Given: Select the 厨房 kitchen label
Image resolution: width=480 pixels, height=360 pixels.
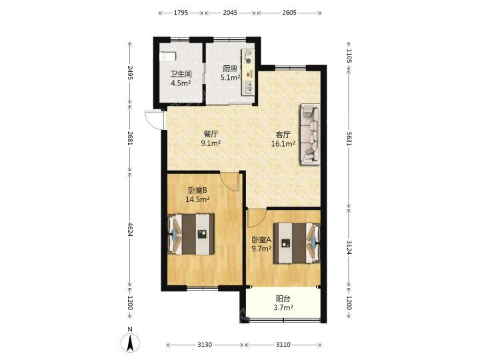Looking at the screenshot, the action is pyautogui.click(x=229, y=69).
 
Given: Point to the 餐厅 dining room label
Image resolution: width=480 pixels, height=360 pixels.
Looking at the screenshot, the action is pyautogui.click(x=211, y=134).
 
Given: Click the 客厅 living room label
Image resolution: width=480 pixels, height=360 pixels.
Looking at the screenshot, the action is pyautogui.click(x=283, y=135).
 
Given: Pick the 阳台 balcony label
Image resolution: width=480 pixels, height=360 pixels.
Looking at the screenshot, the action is pyautogui.click(x=283, y=299).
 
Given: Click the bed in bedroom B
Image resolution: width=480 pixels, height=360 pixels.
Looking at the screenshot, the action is pyautogui.click(x=191, y=234).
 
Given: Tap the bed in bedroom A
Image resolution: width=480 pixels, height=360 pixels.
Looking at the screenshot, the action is pyautogui.click(x=297, y=243).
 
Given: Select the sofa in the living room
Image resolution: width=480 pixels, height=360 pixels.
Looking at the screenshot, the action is pyautogui.click(x=310, y=134).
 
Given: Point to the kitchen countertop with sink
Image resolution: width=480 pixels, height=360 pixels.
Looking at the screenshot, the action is pyautogui.click(x=247, y=72).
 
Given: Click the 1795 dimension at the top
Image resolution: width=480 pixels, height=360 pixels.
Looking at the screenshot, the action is pyautogui.click(x=181, y=13).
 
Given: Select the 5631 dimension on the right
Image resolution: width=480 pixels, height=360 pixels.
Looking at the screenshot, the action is pyautogui.click(x=349, y=139).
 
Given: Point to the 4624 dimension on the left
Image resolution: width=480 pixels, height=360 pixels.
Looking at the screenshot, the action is pyautogui.click(x=130, y=229).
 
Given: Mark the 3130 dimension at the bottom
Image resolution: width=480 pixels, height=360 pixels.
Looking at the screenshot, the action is pyautogui.click(x=205, y=345).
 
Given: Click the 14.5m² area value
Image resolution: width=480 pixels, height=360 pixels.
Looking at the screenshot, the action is pyautogui.click(x=197, y=199).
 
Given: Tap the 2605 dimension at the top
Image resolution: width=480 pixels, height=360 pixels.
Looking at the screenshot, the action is pyautogui.click(x=289, y=13).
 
